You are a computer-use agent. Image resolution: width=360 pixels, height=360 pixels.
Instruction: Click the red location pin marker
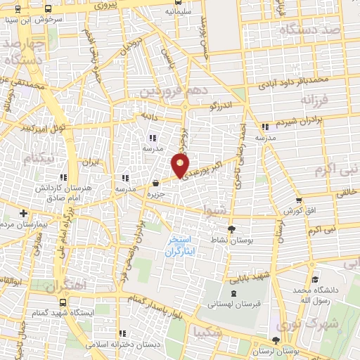pyautogui.click(x=180, y=166)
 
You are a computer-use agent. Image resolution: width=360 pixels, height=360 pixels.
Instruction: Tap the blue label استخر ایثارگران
pyautogui.click(x=183, y=245)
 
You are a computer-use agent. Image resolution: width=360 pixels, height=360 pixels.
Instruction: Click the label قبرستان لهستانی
pyautogui.click(x=233, y=305)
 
